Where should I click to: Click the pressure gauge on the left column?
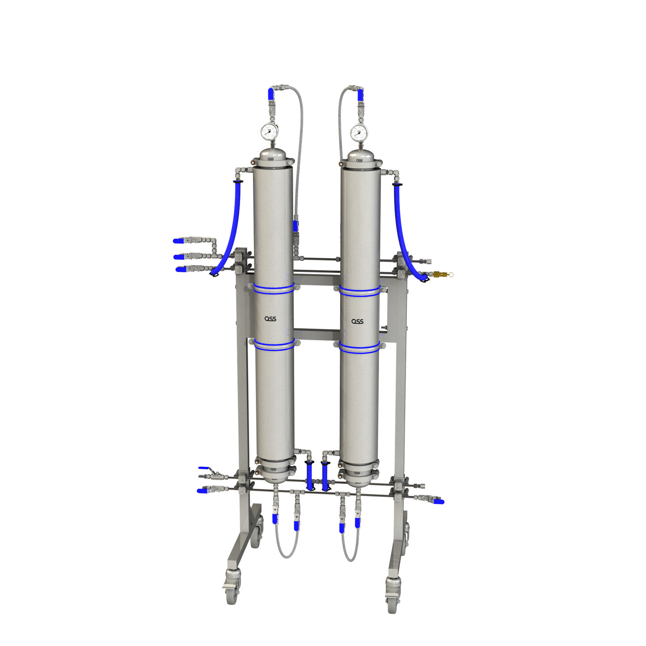(268, 131)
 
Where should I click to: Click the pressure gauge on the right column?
(359, 132)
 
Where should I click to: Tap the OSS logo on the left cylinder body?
(270, 319)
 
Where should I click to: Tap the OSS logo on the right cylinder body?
(357, 321)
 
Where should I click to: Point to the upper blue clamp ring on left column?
(274, 289)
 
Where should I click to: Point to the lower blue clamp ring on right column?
(359, 347)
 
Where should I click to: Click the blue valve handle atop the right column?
(360, 94)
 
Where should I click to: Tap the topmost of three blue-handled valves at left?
(178, 241)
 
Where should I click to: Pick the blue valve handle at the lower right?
(439, 502)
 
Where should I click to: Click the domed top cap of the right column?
(359, 156)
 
